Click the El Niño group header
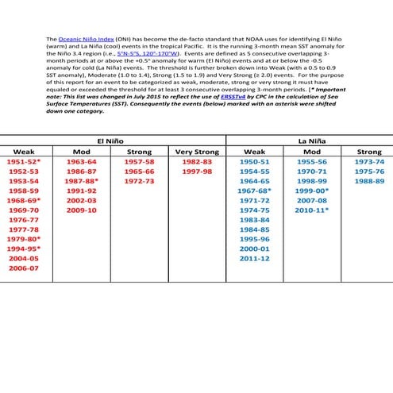point(112,140)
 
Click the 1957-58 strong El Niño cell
point(138,161)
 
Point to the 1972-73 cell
point(138,181)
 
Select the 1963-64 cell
point(82,161)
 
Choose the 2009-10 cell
point(82,210)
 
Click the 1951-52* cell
point(25,161)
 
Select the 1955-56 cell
point(311,161)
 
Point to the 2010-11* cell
point(312,210)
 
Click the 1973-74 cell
point(369,161)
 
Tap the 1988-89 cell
point(369,181)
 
